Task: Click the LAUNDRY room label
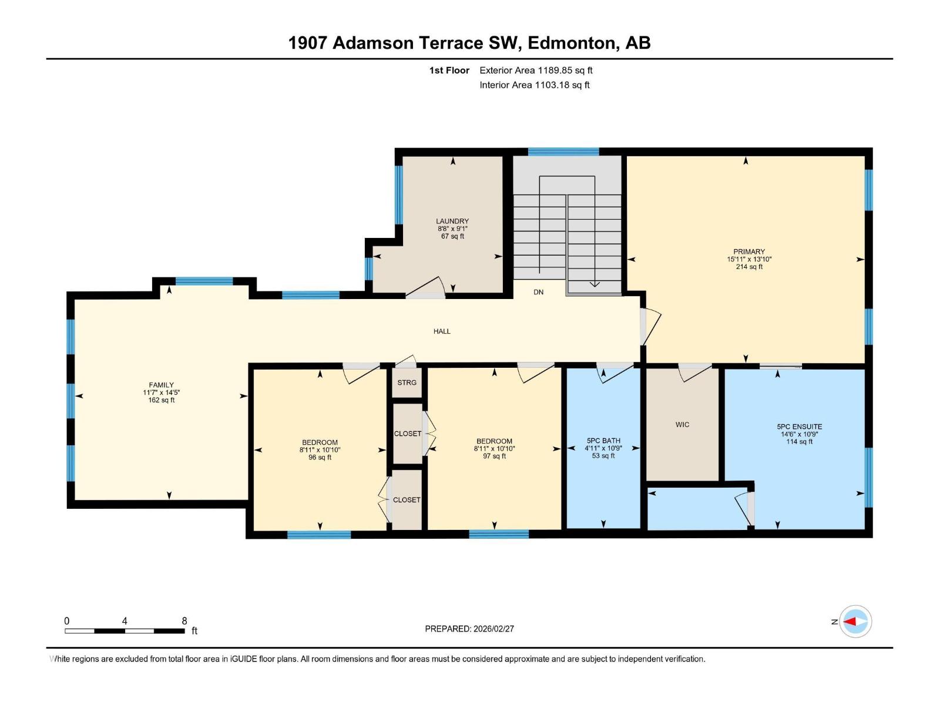pyautogui.click(x=452, y=221)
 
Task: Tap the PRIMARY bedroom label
pyautogui.click(x=748, y=251)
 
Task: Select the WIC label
pyautogui.click(x=682, y=425)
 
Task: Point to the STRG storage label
pyautogui.click(x=407, y=382)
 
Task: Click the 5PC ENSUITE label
pyautogui.click(x=799, y=427)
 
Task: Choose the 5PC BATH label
pyautogui.click(x=603, y=441)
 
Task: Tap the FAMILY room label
pyautogui.click(x=161, y=385)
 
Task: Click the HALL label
pyautogui.click(x=442, y=331)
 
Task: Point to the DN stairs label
pyautogui.click(x=538, y=293)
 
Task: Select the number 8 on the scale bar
pyautogui.click(x=184, y=621)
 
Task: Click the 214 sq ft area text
pyautogui.click(x=749, y=267)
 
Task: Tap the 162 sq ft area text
pyautogui.click(x=161, y=400)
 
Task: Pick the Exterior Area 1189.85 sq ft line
pyautogui.click(x=536, y=70)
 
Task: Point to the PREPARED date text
pyautogui.click(x=469, y=629)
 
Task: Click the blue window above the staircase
pyautogui.click(x=563, y=152)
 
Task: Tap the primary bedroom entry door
pyautogui.click(x=650, y=327)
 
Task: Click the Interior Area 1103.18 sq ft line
pyautogui.click(x=535, y=85)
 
